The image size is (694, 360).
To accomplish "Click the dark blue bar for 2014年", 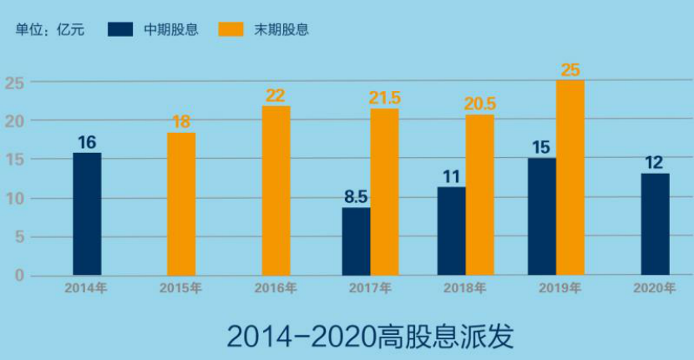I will click(x=87, y=214).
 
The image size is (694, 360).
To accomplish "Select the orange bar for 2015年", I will click(x=181, y=204).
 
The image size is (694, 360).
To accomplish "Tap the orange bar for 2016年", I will click(x=276, y=190).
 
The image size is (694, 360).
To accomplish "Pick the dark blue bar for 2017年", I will click(x=357, y=241).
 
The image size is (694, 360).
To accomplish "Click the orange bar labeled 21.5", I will click(x=385, y=192).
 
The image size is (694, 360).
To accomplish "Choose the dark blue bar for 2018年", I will click(x=451, y=231).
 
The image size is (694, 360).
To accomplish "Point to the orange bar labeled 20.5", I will click(x=479, y=195).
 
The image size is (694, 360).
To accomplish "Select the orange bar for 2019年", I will click(x=570, y=178).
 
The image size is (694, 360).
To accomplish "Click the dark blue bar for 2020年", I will click(x=655, y=225).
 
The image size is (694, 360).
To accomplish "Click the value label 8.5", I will click(x=357, y=198).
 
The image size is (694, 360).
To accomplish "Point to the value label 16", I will click(x=87, y=142).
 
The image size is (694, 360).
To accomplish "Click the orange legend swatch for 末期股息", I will click(x=230, y=29).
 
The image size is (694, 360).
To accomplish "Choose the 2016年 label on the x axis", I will click(x=276, y=288).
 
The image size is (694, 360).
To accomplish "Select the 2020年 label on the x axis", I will click(x=654, y=288).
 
